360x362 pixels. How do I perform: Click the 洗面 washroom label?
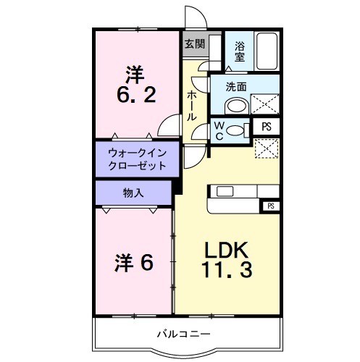point(236,87)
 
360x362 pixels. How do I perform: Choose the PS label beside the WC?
point(267,126)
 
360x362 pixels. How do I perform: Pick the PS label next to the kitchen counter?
point(270,206)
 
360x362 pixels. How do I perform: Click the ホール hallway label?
point(191,106)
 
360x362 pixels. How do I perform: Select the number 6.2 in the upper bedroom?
point(135,95)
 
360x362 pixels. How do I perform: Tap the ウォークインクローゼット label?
point(136,159)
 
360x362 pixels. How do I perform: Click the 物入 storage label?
point(133,193)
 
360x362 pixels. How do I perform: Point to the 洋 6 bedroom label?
point(134,262)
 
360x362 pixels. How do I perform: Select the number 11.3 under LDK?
point(226,273)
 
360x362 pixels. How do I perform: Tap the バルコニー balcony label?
point(185,334)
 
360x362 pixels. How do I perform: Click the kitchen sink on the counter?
point(223,192)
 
